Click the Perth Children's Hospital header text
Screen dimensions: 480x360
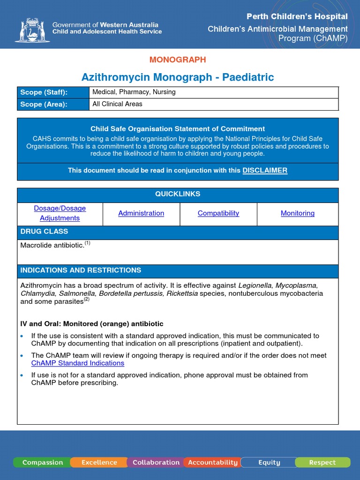click(x=297, y=17)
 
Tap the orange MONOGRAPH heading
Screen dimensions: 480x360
click(x=178, y=60)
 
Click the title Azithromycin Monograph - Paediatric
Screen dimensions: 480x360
click(x=178, y=77)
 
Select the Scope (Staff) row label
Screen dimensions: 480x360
click(x=44, y=92)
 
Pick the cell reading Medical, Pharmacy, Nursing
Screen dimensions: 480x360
click(x=134, y=92)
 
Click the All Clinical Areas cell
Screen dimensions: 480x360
click(x=118, y=104)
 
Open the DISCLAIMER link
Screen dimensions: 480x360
click(x=265, y=171)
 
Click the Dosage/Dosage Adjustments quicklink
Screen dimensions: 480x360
click(x=60, y=213)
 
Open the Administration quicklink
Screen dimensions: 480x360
click(x=141, y=213)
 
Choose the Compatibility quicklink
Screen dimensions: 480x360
click(x=218, y=213)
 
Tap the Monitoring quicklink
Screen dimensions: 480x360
click(x=298, y=213)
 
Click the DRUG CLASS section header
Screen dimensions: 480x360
click(x=44, y=232)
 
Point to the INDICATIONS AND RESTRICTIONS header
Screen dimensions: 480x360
click(x=81, y=270)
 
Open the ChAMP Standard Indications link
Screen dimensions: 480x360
click(x=78, y=363)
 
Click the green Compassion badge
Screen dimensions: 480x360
click(x=42, y=463)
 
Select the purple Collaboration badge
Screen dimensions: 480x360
click(x=156, y=463)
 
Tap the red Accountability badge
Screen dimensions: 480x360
click(x=213, y=463)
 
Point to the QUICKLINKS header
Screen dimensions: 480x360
click(x=178, y=194)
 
